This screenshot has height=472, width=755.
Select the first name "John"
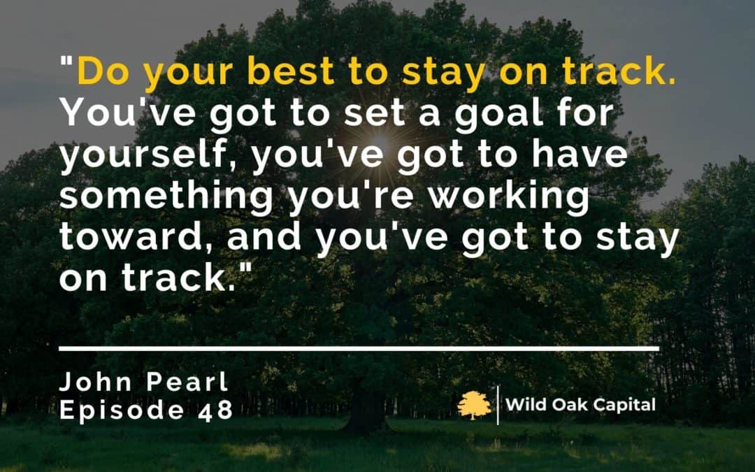click(x=96, y=382)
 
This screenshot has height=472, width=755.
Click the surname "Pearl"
click(x=187, y=382)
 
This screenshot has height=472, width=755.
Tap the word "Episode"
click(x=122, y=411)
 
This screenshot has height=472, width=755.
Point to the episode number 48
click(x=215, y=410)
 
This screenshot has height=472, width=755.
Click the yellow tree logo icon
click(x=474, y=405)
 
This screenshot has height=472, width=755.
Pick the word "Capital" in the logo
click(x=624, y=406)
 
